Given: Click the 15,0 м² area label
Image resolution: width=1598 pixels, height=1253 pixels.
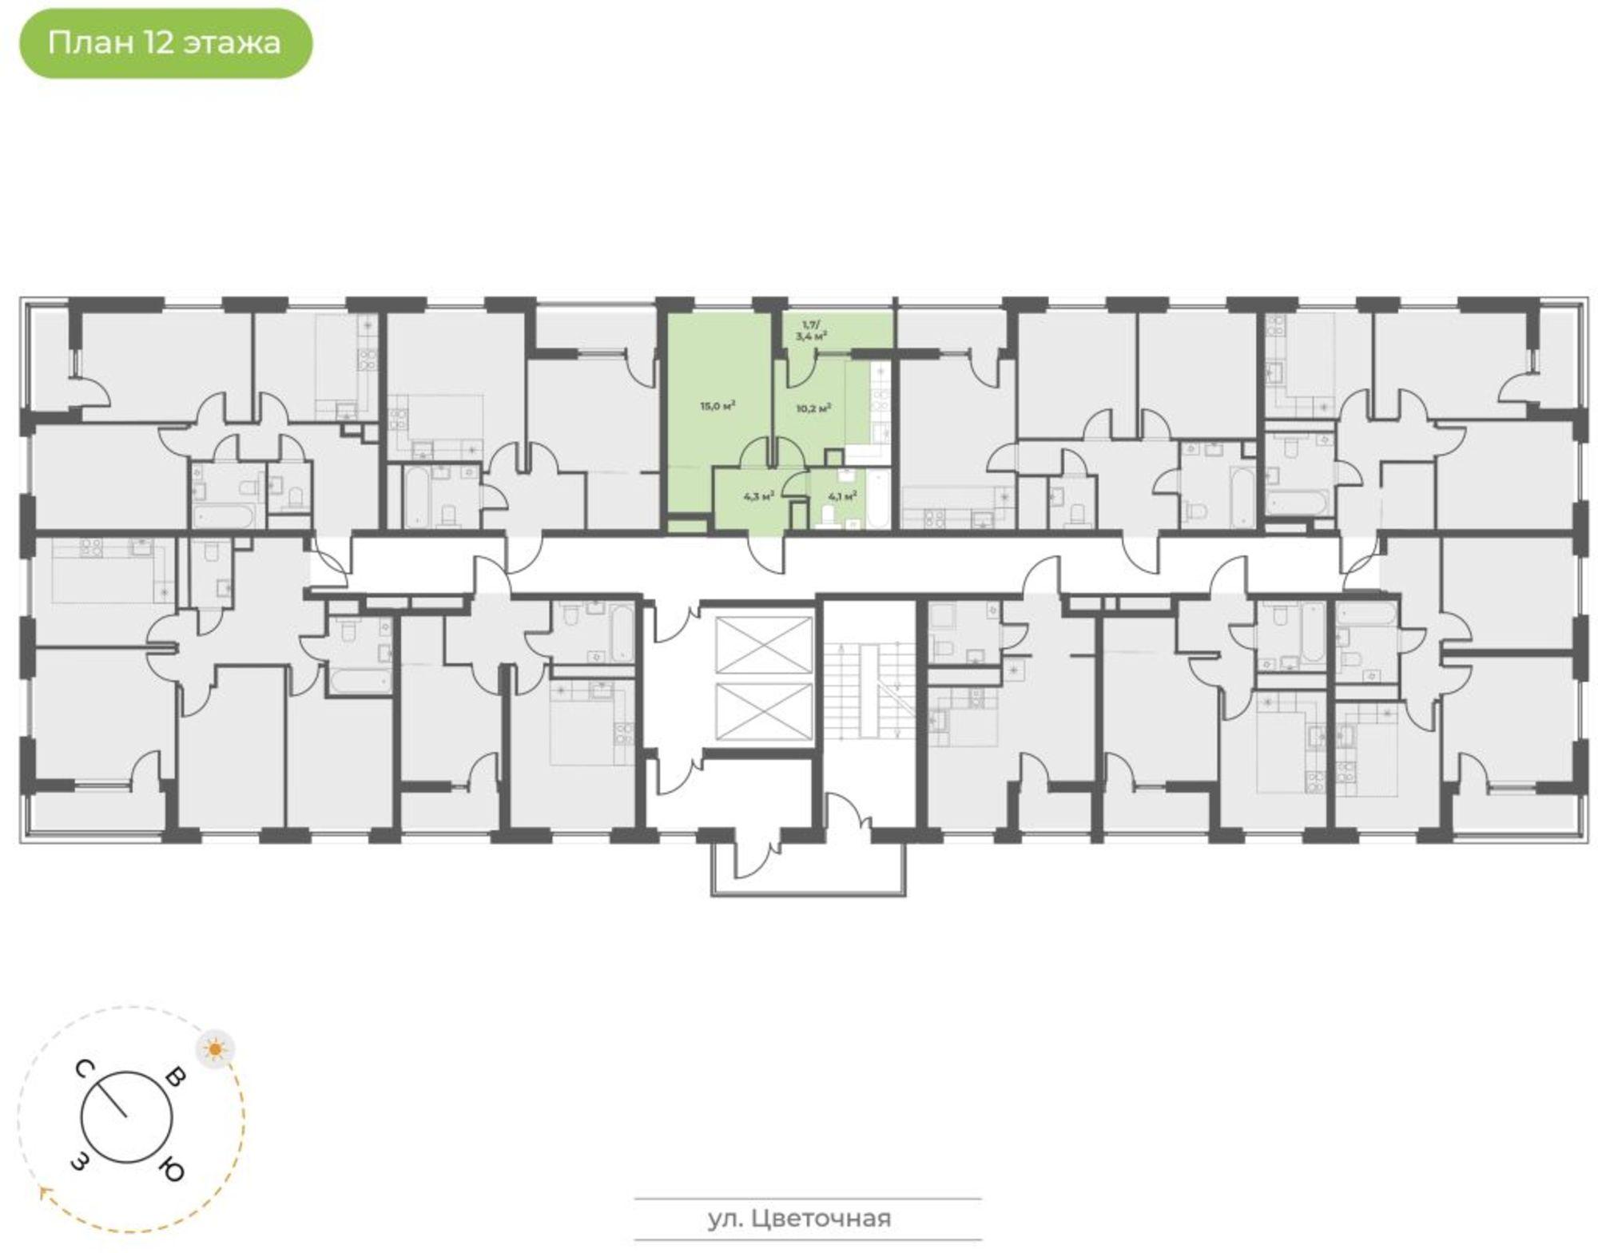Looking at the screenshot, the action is pos(718,406).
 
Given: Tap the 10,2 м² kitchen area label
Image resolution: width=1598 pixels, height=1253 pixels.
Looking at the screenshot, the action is pos(813,408).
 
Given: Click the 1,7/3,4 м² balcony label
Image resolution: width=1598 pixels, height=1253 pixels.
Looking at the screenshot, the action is pos(811,331).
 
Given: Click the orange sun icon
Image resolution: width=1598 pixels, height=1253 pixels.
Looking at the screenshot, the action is pos(216,1048).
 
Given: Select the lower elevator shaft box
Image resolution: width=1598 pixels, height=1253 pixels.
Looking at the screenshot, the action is pos(764,714).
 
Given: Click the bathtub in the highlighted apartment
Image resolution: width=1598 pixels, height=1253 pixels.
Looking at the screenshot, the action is pos(877,499).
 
